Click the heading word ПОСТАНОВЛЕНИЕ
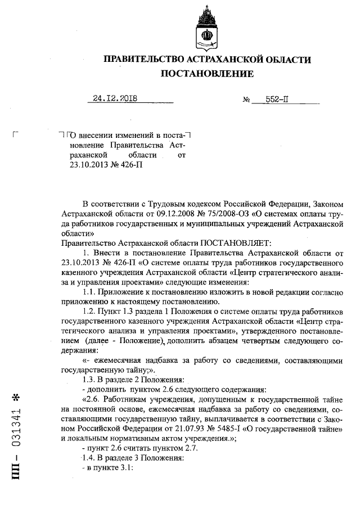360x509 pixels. pyautogui.click(x=207, y=74)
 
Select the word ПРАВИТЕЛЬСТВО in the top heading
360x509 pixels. pyautogui.click(x=143, y=60)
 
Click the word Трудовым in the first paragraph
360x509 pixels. pyautogui.click(x=159, y=203)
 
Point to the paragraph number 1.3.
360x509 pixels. pyautogui.click(x=89, y=380)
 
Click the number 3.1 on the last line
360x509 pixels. pyautogui.click(x=123, y=469)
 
